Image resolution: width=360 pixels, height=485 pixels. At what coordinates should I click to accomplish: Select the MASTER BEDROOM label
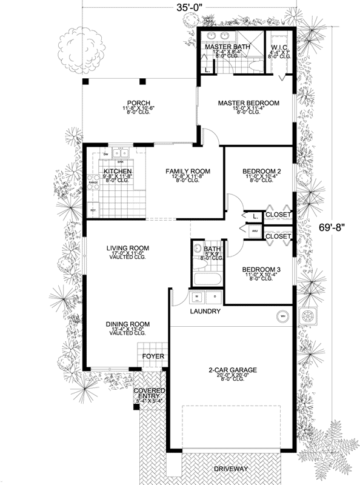(248, 103)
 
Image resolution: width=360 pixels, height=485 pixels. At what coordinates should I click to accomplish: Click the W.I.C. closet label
(280, 46)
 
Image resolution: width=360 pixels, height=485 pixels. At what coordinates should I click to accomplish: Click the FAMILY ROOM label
(188, 172)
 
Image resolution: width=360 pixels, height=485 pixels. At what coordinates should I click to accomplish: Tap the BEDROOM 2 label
(262, 172)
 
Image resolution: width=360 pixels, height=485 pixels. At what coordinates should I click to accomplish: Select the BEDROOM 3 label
(261, 270)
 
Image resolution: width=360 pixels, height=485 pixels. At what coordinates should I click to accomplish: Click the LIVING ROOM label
(128, 248)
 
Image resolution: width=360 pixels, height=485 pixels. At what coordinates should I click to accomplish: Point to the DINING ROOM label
(128, 324)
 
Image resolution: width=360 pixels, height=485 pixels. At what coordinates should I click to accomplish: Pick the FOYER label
(152, 356)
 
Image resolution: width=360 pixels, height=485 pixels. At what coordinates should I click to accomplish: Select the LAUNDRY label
(204, 312)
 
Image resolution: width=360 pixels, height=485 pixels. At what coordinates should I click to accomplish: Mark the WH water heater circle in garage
(282, 315)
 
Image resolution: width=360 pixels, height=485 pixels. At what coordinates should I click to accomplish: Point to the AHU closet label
(255, 230)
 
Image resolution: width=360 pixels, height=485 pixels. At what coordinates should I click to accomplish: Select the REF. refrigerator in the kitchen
(94, 209)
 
